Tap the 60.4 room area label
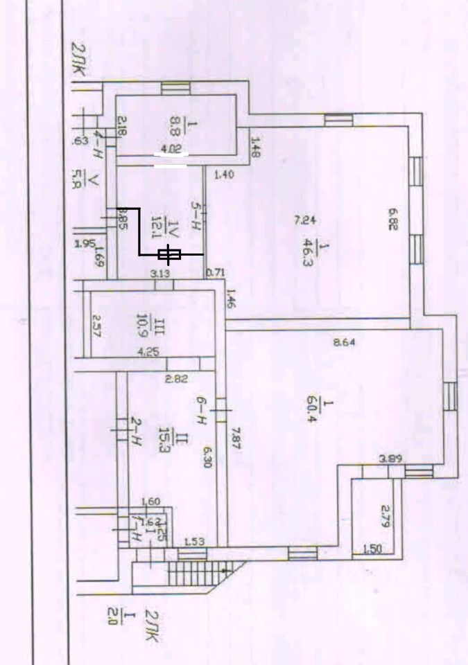[x=309, y=411]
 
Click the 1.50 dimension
[x=372, y=549]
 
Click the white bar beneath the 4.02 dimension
[x=170, y=166]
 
